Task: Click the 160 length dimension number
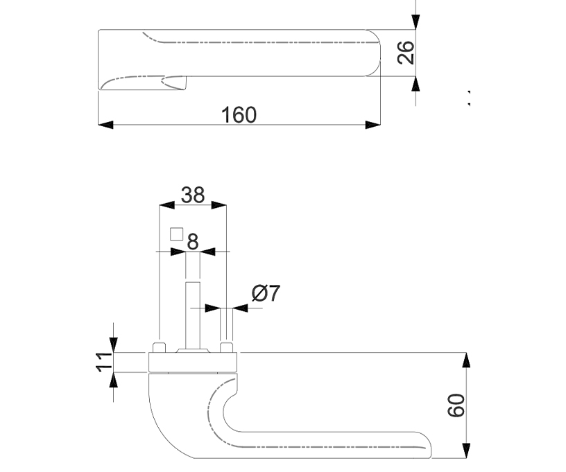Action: point(239,114)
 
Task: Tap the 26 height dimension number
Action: point(406,53)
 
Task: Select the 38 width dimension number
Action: point(193,195)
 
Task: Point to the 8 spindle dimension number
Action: point(193,242)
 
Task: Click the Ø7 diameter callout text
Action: point(266,292)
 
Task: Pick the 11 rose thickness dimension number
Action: point(104,362)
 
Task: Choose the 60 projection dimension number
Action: point(456,405)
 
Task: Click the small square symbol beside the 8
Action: point(176,234)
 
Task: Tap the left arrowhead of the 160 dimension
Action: point(105,125)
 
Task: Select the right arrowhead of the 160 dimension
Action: point(373,125)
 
